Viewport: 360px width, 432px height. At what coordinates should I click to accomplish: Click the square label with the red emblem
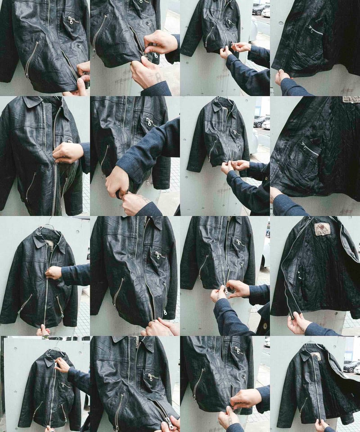322,229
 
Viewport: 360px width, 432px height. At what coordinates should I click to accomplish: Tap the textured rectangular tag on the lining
351,99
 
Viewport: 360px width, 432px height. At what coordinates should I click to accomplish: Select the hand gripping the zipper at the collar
62,364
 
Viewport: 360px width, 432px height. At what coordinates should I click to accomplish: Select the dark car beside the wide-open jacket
351,366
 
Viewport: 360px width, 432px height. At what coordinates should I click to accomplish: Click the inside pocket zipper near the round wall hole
315,30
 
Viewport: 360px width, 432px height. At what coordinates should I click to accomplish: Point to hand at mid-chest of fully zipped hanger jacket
53,272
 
